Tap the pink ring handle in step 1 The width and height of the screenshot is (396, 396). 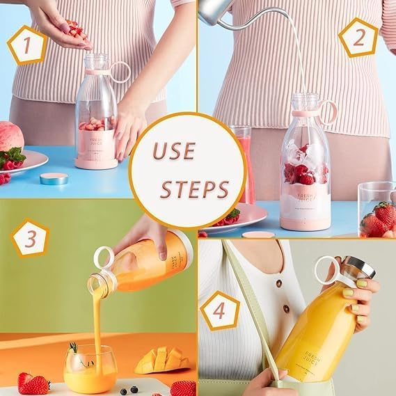120,72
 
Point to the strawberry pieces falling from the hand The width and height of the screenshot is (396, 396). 74,30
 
